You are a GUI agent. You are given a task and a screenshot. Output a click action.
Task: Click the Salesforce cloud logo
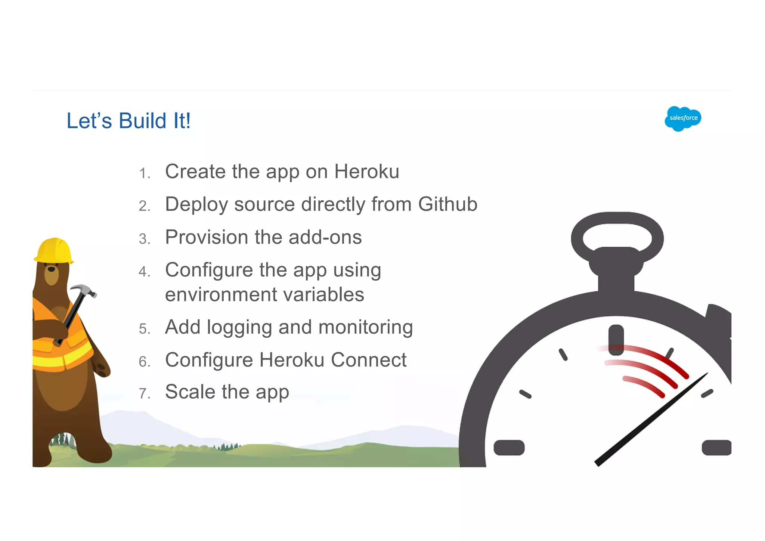pos(683,118)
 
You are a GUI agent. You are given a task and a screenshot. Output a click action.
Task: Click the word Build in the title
pos(142,121)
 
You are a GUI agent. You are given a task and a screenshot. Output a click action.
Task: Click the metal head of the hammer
pos(83,290)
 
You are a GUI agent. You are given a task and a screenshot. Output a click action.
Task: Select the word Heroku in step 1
pos(366,171)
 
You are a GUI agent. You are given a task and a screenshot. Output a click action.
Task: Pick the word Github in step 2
pos(447,204)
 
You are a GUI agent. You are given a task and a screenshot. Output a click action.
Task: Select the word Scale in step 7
pos(190,392)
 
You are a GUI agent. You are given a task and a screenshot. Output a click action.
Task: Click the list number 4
pos(144,272)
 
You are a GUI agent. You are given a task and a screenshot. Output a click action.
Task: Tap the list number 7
pos(144,394)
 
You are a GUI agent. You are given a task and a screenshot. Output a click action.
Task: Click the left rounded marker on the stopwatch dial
pos(509,448)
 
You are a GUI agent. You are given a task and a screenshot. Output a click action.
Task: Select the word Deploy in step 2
pos(196,204)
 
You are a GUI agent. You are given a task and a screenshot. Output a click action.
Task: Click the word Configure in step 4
pos(209,270)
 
